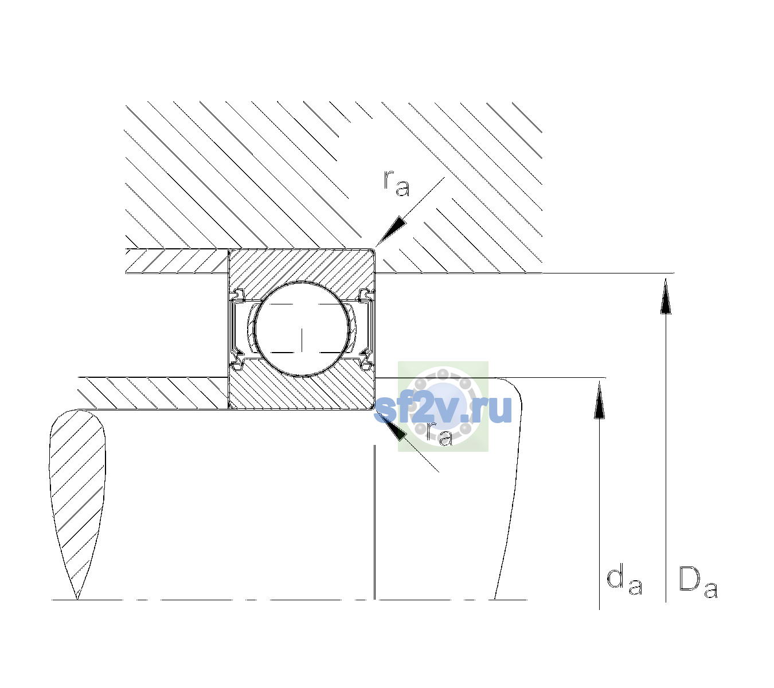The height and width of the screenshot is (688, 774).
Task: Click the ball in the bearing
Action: click(302, 329)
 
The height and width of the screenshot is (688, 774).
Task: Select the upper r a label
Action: click(397, 184)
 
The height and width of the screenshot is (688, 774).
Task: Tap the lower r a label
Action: click(440, 434)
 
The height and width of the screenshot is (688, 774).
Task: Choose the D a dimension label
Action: click(698, 582)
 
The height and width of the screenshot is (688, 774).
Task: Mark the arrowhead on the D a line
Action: click(666, 296)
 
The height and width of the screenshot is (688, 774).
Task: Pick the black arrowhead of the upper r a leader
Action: click(391, 232)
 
